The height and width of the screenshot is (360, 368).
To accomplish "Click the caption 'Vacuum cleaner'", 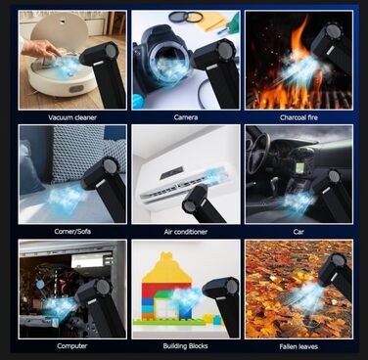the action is tap(72, 117).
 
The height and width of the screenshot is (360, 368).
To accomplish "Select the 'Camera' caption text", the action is tap(186, 117).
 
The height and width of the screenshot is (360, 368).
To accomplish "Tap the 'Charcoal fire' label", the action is tap(299, 117).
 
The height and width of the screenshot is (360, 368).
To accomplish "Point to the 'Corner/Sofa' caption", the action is tap(72, 232).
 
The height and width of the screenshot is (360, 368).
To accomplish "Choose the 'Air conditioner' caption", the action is tap(186, 232).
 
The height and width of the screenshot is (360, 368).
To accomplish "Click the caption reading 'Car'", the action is tap(299, 232).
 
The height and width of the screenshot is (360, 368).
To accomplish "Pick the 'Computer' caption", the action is tap(72, 346).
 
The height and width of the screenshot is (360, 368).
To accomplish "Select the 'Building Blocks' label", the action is tap(185, 346).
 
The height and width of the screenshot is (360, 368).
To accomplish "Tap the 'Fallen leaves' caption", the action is tap(299, 346).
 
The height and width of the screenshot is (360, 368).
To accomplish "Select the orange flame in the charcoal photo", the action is tap(300, 39).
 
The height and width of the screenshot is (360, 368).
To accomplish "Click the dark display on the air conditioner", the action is tap(171, 173).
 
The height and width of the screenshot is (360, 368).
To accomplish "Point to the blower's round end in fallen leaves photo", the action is tap(338, 260).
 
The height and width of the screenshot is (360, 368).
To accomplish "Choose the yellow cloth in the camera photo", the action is tap(213, 20).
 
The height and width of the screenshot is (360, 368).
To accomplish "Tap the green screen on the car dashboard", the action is tap(299, 167).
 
